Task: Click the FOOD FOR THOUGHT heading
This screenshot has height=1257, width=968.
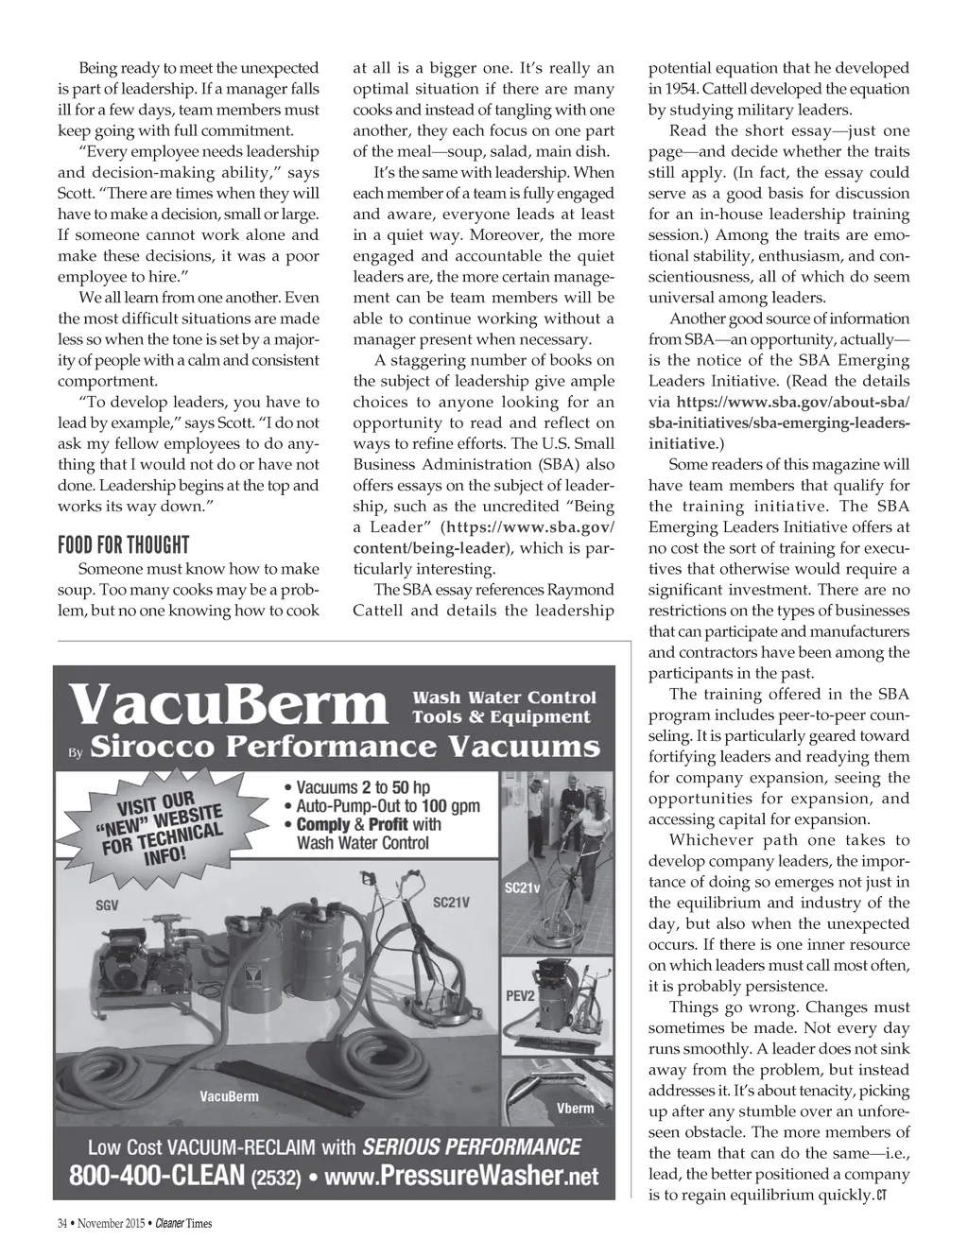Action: coord(124,545)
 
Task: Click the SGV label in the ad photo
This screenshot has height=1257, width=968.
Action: coord(107,905)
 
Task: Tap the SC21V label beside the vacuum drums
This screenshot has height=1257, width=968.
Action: coord(451,903)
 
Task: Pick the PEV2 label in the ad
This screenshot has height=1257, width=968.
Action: coord(520,996)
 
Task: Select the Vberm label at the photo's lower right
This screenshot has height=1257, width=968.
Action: coord(575,1108)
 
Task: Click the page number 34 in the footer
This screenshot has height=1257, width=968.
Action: coord(62,1224)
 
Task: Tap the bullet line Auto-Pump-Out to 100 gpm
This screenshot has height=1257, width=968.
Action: coord(388,806)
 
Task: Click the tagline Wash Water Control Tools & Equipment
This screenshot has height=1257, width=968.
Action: coord(504,707)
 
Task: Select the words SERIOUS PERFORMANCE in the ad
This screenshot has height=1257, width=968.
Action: coord(472,1147)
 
